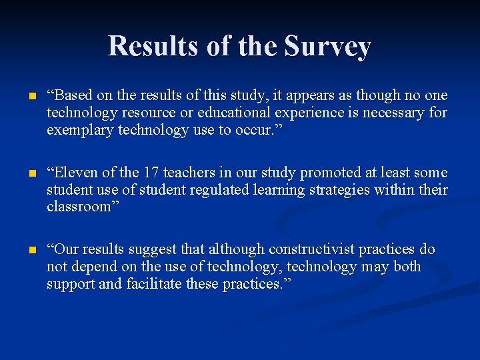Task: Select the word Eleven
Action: [x=75, y=173]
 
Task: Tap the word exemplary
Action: [x=80, y=130]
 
